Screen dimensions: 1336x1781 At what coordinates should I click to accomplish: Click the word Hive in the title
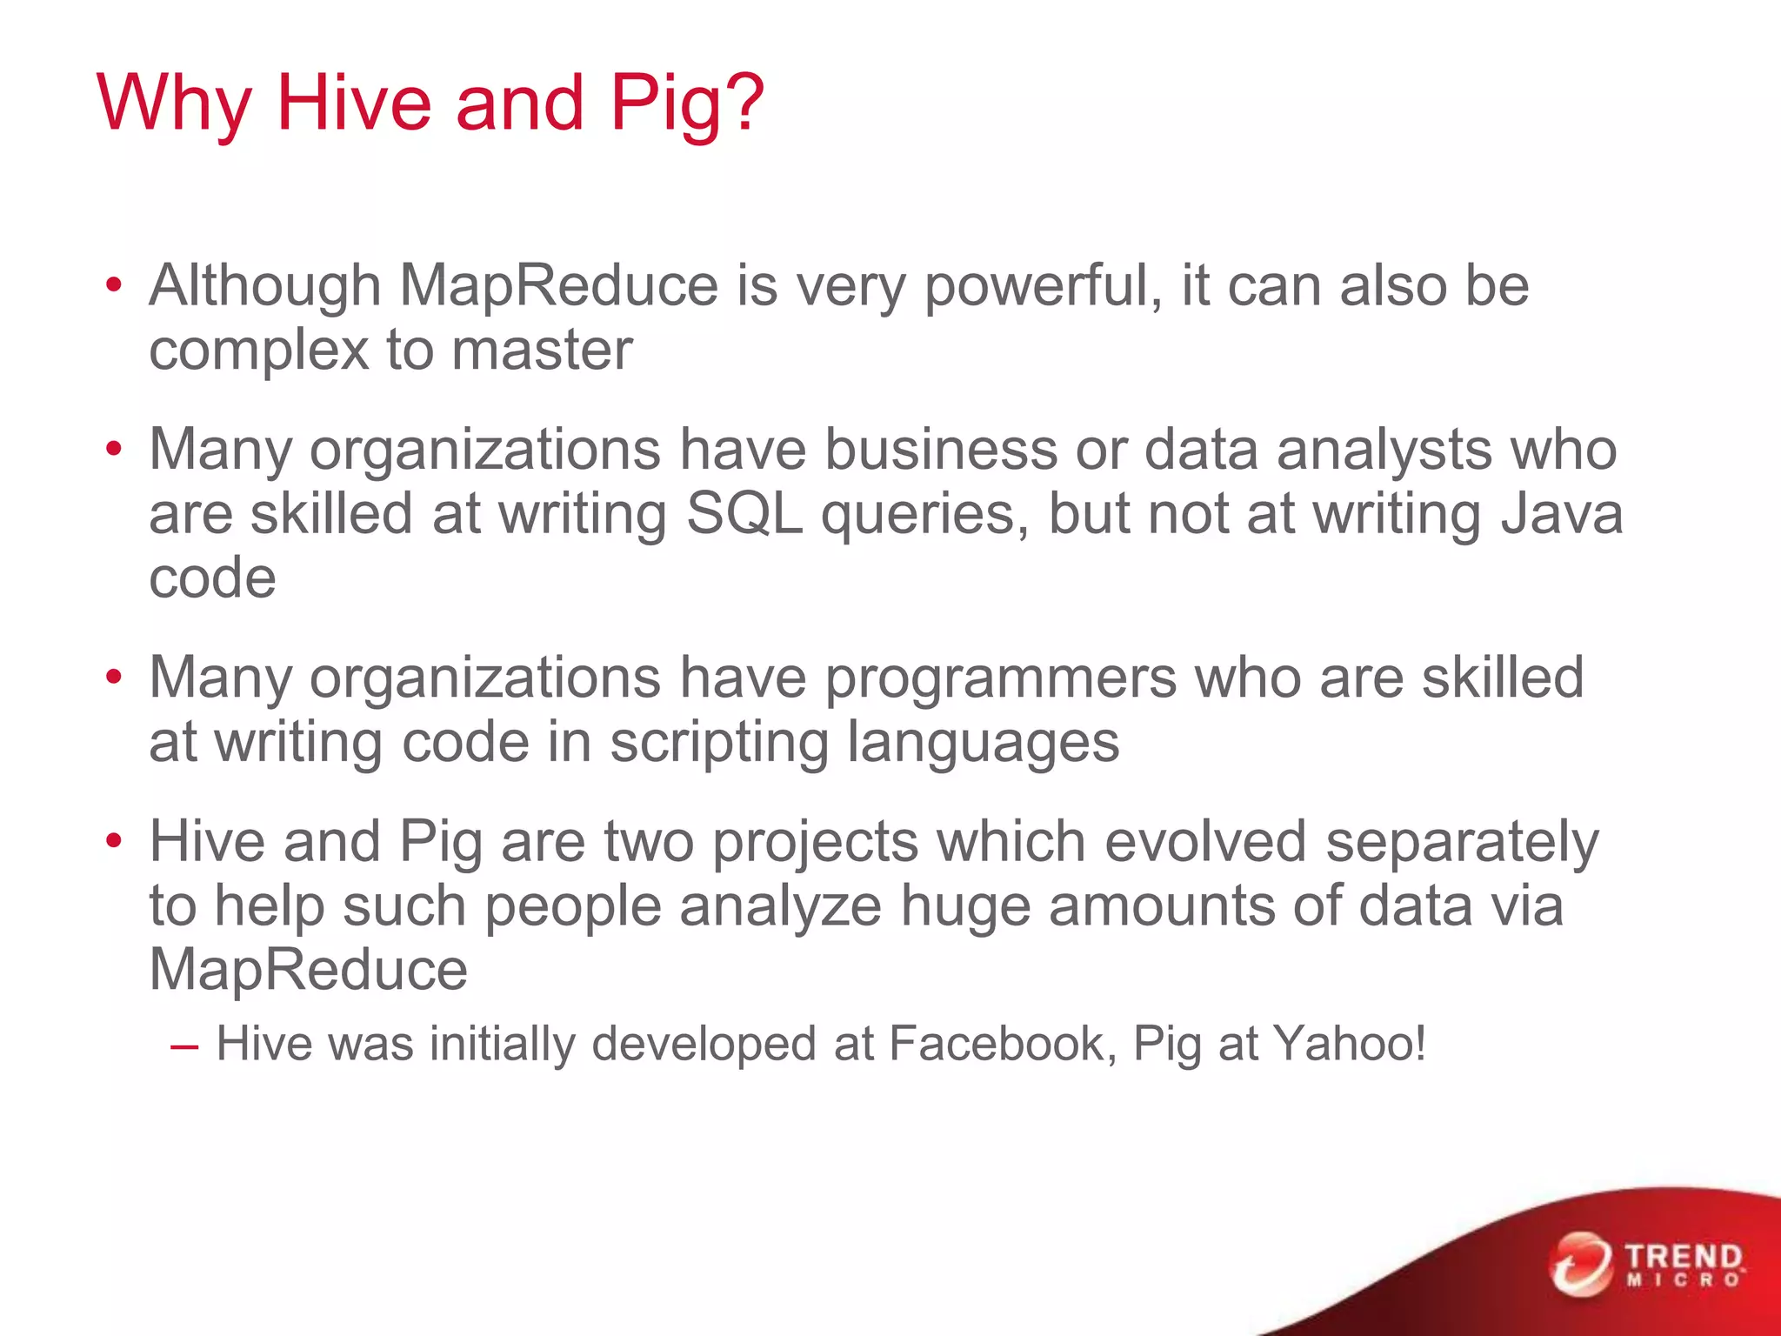352,103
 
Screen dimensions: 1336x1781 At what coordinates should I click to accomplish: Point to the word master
542,350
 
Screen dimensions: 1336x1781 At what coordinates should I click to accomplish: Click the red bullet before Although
114,286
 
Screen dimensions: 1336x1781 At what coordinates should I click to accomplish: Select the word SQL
744,514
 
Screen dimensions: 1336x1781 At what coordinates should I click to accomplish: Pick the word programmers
1000,679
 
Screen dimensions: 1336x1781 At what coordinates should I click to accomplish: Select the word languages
983,745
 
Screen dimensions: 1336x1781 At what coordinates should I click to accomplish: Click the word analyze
780,906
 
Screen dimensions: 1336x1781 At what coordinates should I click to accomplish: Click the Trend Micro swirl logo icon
1580,1264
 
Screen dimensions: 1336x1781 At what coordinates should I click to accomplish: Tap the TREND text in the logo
1684,1256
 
